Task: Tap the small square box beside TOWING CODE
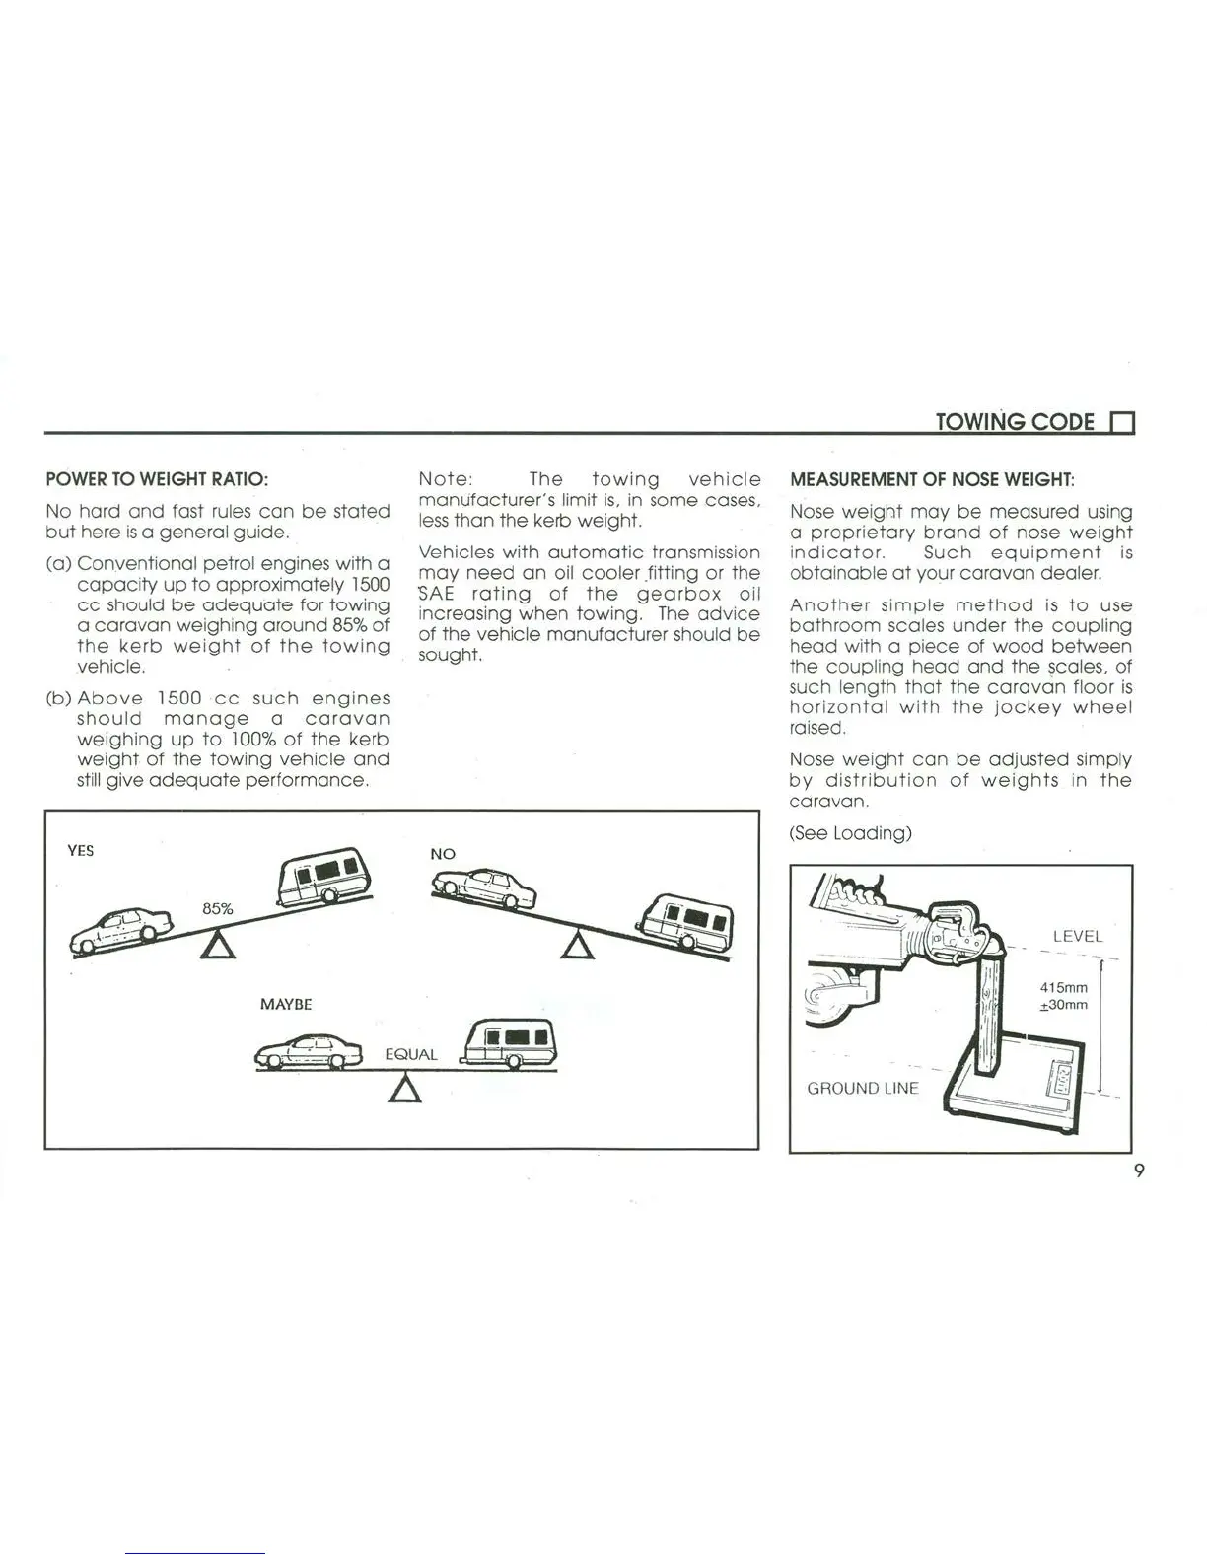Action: pyautogui.click(x=1122, y=424)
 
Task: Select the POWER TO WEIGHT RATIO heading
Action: pyautogui.click(x=157, y=480)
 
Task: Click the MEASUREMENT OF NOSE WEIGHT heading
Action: pyautogui.click(x=932, y=480)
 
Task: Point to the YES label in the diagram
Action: pyautogui.click(x=81, y=850)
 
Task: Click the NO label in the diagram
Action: pyautogui.click(x=443, y=854)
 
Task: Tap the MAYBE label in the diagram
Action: pyautogui.click(x=286, y=1004)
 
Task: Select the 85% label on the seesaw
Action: pyautogui.click(x=218, y=908)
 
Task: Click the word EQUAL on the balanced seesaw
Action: pyautogui.click(x=411, y=1054)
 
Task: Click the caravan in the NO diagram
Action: pyautogui.click(x=686, y=923)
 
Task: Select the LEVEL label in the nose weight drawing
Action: pyautogui.click(x=1077, y=936)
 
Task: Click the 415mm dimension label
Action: pyautogui.click(x=1064, y=987)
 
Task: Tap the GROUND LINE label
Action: pyautogui.click(x=862, y=1088)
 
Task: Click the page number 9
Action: pyautogui.click(x=1139, y=1171)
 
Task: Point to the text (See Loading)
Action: pyautogui.click(x=850, y=833)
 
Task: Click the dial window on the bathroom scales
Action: pyautogui.click(x=1064, y=1079)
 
